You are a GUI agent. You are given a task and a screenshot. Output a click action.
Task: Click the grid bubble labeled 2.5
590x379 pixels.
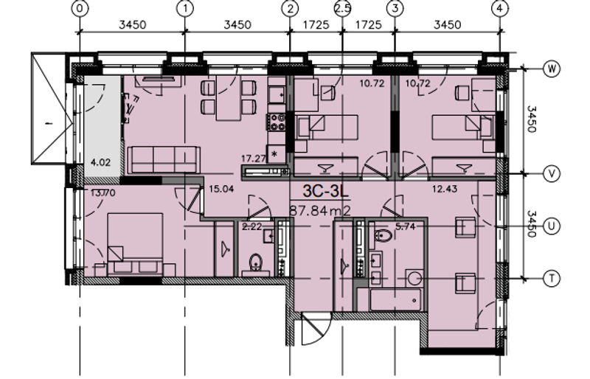click(x=342, y=9)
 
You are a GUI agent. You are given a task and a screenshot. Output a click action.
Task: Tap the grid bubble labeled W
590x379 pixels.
click(x=552, y=69)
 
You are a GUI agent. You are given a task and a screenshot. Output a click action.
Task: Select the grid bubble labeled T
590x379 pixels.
click(x=552, y=279)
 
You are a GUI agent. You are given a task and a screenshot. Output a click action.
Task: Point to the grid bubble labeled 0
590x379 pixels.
click(x=80, y=9)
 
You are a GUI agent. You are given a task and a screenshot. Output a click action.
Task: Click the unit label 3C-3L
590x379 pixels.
click(x=326, y=191)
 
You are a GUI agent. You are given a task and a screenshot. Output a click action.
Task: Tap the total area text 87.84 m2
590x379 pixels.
click(x=320, y=210)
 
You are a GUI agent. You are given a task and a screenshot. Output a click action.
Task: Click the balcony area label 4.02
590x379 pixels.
click(x=101, y=163)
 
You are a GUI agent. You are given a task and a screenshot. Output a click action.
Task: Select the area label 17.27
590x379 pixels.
click(x=253, y=159)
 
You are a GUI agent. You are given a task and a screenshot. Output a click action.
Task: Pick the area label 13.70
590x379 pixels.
click(x=103, y=193)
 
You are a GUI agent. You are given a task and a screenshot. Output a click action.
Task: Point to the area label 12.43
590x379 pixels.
click(x=445, y=189)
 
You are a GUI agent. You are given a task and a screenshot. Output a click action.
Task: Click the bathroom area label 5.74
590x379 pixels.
click(x=405, y=226)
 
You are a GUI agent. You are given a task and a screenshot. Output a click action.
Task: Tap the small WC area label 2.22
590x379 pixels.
click(x=252, y=226)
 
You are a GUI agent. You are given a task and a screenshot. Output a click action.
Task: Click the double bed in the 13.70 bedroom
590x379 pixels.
click(x=135, y=244)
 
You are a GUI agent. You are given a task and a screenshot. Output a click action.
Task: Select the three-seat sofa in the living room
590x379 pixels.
click(x=164, y=159)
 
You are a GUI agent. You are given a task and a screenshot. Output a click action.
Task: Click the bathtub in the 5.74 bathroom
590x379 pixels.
click(x=395, y=300)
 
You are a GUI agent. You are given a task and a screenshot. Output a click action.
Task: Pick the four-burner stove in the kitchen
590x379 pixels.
click(x=277, y=122)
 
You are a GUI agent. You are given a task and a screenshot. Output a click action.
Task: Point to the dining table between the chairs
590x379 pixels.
click(x=229, y=98)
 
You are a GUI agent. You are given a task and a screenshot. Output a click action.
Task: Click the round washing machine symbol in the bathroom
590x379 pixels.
click(x=414, y=279)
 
